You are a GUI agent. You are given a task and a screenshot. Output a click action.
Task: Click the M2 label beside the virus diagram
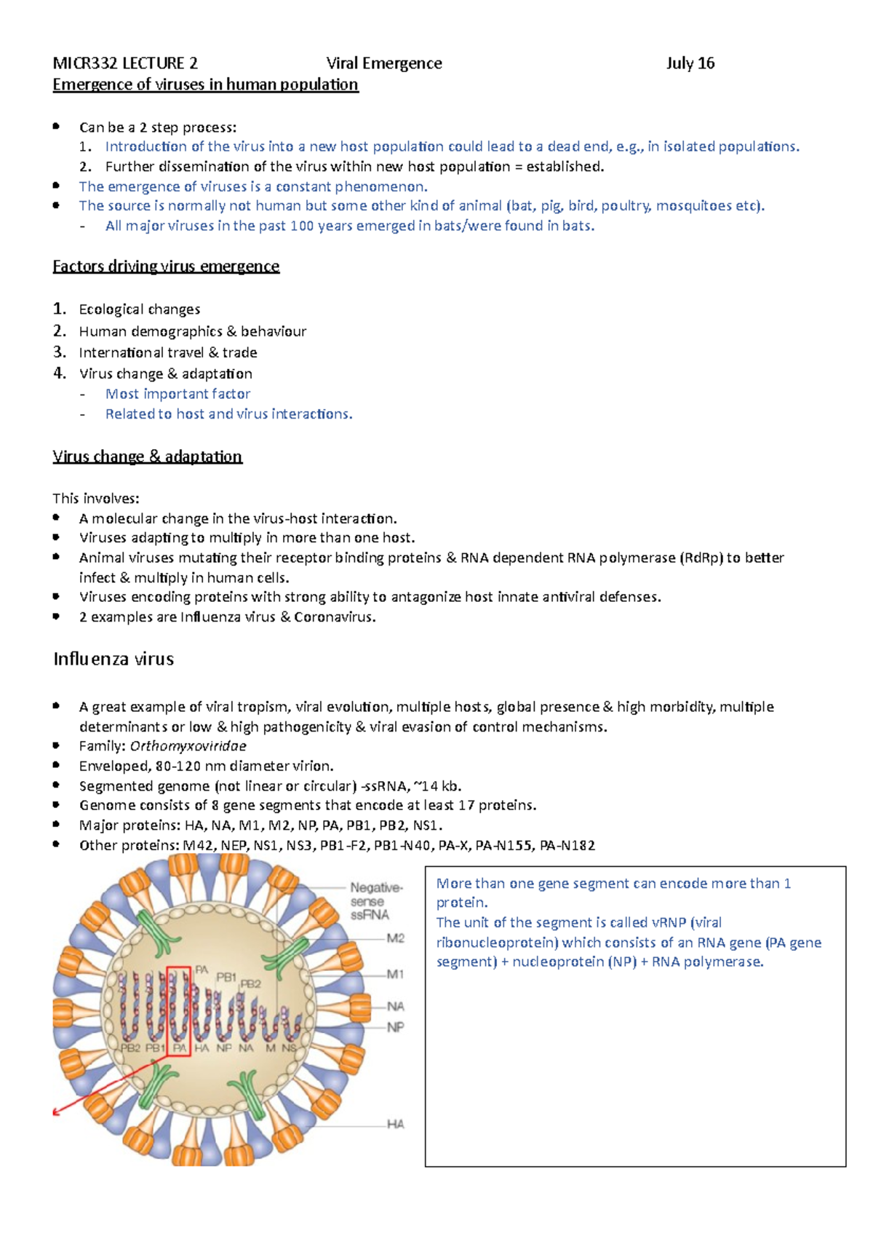(x=395, y=938)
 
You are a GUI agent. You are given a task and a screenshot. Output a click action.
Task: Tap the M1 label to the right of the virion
(x=395, y=974)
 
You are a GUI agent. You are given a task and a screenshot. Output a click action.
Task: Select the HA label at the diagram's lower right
(x=395, y=1124)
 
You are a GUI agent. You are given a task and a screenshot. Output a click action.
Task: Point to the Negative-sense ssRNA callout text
(x=375, y=901)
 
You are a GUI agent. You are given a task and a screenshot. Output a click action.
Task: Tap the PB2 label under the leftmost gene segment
(x=130, y=1048)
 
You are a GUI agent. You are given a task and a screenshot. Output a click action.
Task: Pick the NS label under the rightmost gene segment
(x=289, y=1048)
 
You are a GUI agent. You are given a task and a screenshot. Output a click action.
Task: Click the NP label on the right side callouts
(x=395, y=1027)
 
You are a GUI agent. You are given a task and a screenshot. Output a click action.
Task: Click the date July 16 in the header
(x=690, y=63)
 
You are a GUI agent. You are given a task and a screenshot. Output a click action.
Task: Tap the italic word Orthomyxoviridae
(x=188, y=746)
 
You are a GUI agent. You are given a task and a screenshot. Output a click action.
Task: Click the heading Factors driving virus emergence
(x=166, y=266)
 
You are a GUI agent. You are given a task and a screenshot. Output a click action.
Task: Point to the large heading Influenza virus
(x=113, y=659)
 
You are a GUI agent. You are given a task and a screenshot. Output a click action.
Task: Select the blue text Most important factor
(x=178, y=394)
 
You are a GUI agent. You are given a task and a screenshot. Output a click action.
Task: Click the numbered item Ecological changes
(x=140, y=309)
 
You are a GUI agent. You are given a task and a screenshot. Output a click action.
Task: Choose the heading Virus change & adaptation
(x=147, y=457)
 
